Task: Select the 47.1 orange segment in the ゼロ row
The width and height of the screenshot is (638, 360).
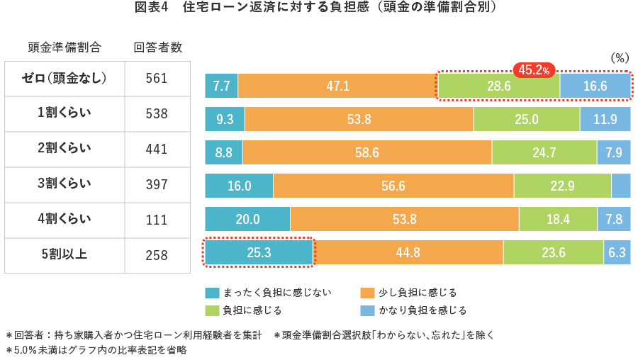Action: (x=337, y=86)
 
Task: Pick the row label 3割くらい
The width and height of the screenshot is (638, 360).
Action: (x=65, y=184)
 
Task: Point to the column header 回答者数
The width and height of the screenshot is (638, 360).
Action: (x=158, y=47)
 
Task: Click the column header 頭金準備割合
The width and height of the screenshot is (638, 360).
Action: (x=65, y=47)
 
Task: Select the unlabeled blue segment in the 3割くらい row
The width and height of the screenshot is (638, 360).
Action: (x=620, y=186)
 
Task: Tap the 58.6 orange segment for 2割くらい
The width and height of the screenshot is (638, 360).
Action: (x=366, y=152)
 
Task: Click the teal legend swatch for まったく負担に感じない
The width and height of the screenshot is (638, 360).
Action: (x=212, y=293)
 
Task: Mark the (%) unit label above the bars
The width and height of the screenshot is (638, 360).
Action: (x=619, y=58)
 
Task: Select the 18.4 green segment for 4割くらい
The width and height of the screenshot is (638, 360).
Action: (x=557, y=219)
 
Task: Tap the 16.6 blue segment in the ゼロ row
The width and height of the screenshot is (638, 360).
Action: (x=595, y=86)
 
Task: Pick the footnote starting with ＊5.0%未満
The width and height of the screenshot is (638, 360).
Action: (x=96, y=350)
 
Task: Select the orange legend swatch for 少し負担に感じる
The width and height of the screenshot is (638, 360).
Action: (x=367, y=293)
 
